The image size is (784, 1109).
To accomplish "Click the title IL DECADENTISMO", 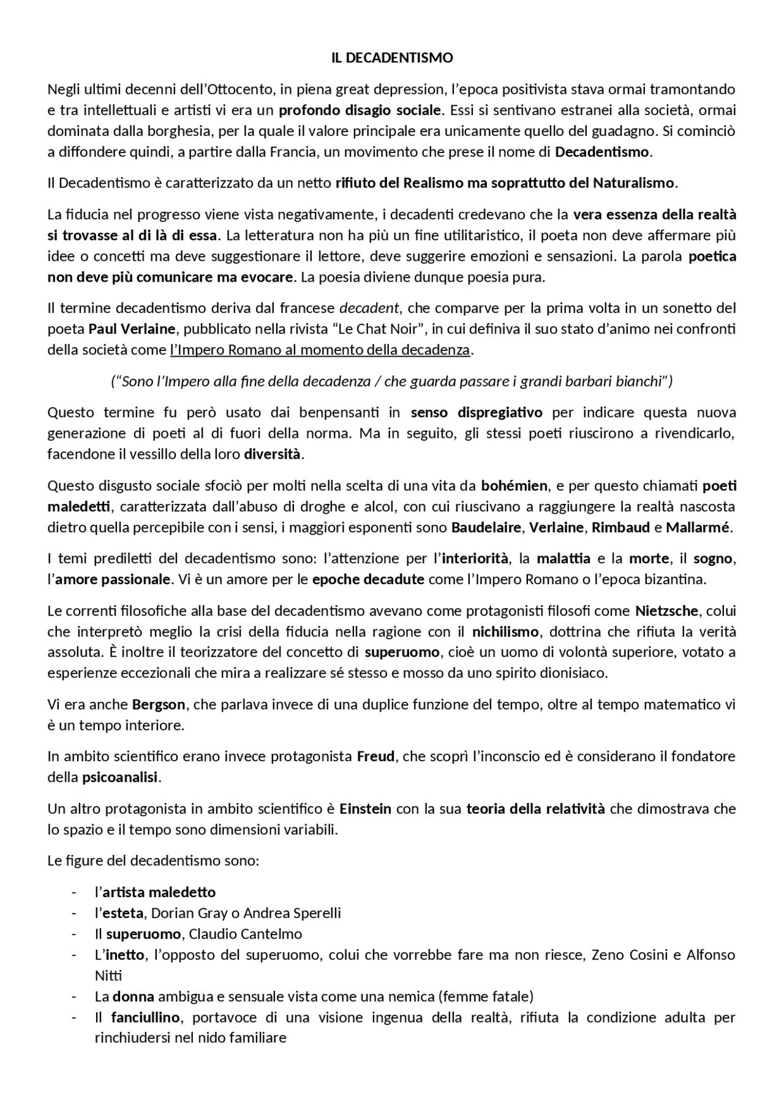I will (x=392, y=58).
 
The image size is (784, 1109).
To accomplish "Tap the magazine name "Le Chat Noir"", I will (x=379, y=329).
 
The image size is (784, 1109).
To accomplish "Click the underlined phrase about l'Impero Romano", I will (x=320, y=350).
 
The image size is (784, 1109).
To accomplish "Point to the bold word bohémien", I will (x=514, y=486).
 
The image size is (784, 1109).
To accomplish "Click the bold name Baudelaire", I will (x=486, y=528).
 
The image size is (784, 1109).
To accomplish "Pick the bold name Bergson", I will (x=158, y=705).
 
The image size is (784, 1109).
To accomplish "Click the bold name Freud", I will (x=375, y=757).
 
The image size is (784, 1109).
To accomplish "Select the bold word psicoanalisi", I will (x=120, y=778).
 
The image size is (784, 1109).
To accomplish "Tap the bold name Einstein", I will (x=365, y=810).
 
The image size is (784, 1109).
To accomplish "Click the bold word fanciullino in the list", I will (x=145, y=1018).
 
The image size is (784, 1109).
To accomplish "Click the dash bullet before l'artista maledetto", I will (x=74, y=893).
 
